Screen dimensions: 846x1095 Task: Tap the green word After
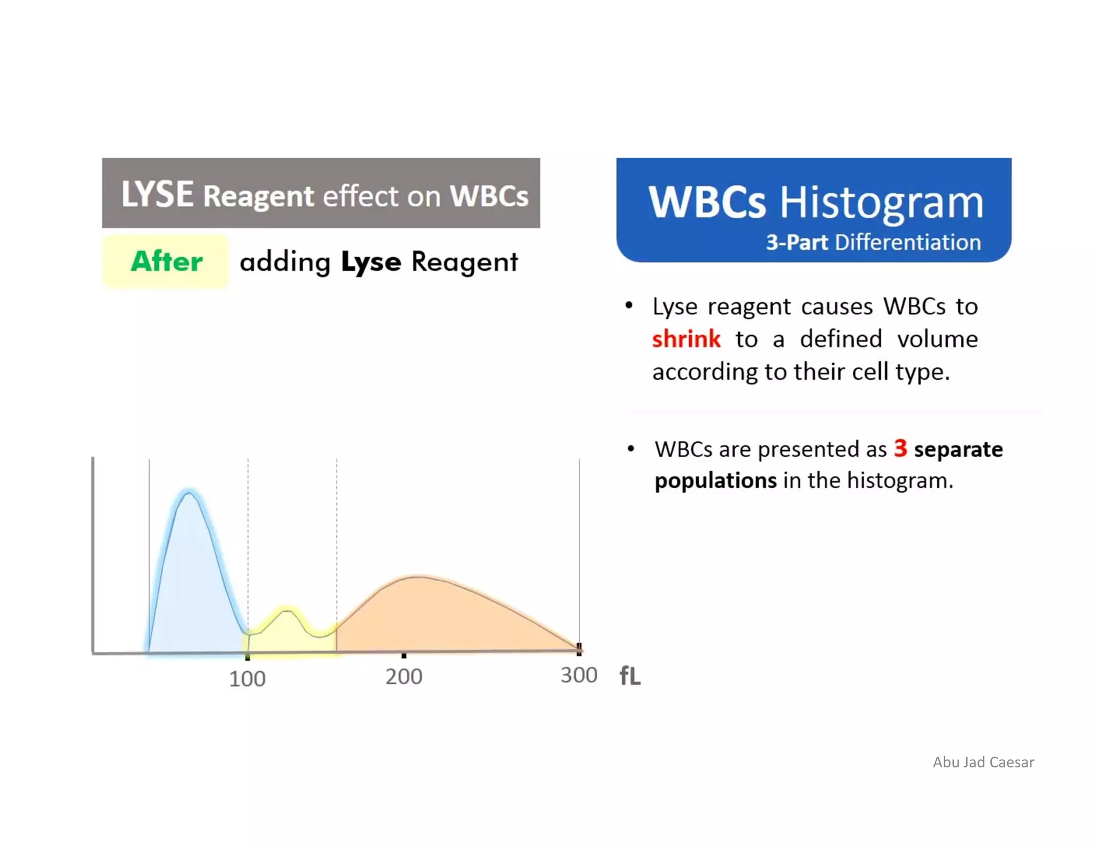point(166,262)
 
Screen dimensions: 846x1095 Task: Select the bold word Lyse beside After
point(371,263)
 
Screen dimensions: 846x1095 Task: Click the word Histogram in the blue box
point(881,203)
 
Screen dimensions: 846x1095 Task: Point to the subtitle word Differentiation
point(908,243)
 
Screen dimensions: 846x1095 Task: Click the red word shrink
point(686,339)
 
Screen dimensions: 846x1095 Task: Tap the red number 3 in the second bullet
point(900,448)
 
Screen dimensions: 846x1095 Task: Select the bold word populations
point(715,481)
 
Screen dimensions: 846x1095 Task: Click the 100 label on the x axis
point(247,679)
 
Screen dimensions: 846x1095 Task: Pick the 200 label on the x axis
point(404,677)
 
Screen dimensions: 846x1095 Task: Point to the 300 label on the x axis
point(579,675)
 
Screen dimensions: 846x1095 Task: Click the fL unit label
point(630,676)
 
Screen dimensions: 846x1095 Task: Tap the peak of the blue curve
point(188,493)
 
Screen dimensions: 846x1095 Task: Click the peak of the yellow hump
point(288,610)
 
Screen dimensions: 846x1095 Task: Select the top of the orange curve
point(420,576)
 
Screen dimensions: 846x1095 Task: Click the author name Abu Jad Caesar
point(983,762)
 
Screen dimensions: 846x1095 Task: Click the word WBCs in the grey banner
point(489,196)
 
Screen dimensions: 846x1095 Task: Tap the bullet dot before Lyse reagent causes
point(629,305)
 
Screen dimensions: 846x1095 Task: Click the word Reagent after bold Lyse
point(464,263)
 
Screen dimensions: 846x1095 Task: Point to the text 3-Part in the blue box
point(796,243)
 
